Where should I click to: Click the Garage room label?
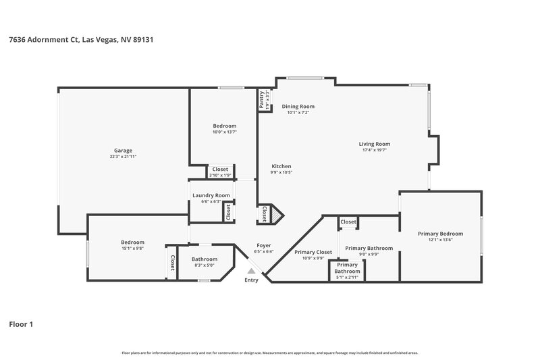pos(123,150)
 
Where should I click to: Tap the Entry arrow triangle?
pos(250,270)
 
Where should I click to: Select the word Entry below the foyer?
pos(251,280)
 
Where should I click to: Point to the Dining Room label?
pos(298,106)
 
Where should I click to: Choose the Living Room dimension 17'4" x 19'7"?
pos(374,150)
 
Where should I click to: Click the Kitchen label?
pos(281,166)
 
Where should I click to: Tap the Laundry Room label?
pos(211,195)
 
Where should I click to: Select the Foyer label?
pos(264,245)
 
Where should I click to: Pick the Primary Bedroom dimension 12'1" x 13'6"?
pos(440,240)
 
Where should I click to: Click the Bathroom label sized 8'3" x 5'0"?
pos(204,259)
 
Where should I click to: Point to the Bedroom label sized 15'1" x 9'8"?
pos(132,242)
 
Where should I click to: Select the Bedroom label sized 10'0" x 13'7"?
pos(225,126)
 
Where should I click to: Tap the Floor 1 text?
pos(21,324)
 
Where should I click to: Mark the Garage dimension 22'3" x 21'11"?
pos(123,157)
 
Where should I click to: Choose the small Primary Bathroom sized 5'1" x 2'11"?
pos(348,277)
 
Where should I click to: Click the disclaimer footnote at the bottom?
pos(270,353)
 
